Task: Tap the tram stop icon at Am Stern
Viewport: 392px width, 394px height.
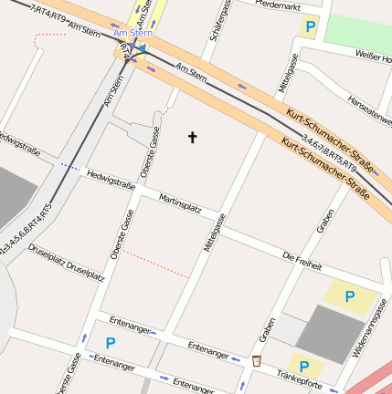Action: tap(134, 47)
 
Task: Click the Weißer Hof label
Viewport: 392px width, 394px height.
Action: tap(375, 57)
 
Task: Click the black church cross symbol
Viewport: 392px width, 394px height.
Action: tap(192, 138)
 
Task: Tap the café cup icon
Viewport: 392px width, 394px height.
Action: tap(257, 360)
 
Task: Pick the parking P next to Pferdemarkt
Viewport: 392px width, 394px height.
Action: tap(311, 27)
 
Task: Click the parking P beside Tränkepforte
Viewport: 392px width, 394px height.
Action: tap(305, 367)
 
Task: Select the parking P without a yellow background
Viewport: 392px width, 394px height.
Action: tap(111, 343)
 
